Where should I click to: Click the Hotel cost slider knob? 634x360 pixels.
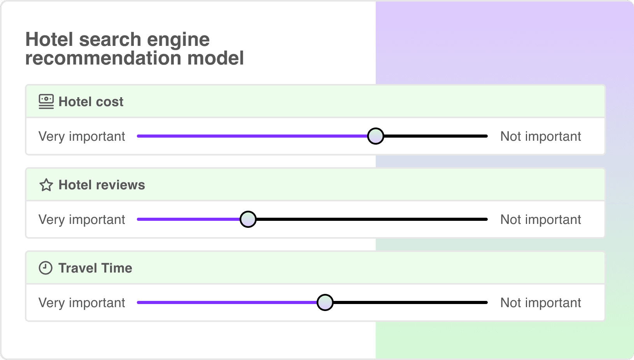tap(375, 136)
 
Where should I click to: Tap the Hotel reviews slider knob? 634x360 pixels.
tap(248, 219)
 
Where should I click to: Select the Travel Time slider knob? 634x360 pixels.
tap(325, 302)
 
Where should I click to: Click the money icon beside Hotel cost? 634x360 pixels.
tap(46, 101)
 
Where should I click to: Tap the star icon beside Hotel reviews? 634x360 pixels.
tap(46, 185)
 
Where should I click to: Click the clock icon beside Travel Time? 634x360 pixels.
tap(46, 268)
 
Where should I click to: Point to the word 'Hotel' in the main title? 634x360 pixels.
tap(49, 40)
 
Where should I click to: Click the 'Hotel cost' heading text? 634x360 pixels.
tap(91, 102)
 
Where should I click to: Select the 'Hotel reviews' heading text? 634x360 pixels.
tap(102, 185)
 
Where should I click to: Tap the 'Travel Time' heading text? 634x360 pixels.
tap(95, 268)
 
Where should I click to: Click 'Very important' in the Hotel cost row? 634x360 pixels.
tap(82, 136)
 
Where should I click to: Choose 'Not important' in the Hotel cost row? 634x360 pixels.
tap(540, 136)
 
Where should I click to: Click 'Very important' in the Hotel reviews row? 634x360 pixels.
tap(82, 220)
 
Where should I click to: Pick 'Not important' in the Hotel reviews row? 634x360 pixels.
tap(540, 220)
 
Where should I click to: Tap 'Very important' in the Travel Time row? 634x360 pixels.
tap(82, 303)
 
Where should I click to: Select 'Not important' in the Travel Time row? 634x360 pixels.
tap(540, 303)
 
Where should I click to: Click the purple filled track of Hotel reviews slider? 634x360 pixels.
tap(189, 219)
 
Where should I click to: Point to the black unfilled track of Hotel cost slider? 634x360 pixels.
tap(436, 136)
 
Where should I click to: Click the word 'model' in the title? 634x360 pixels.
tap(215, 59)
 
